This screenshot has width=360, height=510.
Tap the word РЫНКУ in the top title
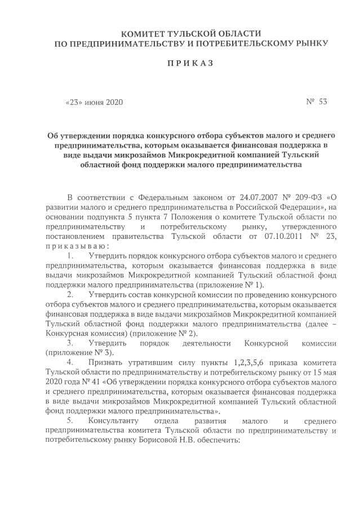pos(308,43)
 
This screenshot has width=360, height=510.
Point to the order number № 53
pos(316,102)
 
